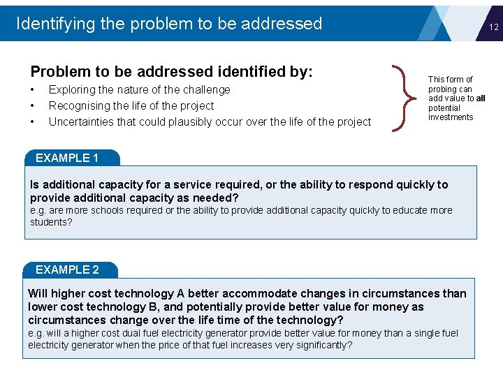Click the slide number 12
[493, 27]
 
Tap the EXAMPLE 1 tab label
[67, 158]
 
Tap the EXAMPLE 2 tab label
[67, 269]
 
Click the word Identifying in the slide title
[55, 24]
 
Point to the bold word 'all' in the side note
[480, 98]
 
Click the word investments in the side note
[451, 117]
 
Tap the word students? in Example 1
[51, 222]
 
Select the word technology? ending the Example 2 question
[309, 320]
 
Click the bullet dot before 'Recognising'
[33, 105]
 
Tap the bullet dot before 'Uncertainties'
[33, 121]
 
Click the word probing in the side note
[442, 89]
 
